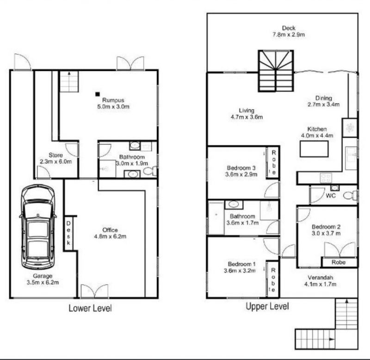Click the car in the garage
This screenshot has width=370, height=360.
pyautogui.click(x=38, y=227)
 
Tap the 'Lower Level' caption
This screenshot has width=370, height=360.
pyautogui.click(x=90, y=308)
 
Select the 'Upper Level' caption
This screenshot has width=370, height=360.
pyautogui.click(x=267, y=306)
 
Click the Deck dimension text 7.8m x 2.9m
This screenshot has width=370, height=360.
pyautogui.click(x=289, y=34)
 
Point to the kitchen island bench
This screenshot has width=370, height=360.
pyautogui.click(x=314, y=149)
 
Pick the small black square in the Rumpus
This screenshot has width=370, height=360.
pyautogui.click(x=98, y=94)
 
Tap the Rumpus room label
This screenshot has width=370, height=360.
pyautogui.click(x=113, y=100)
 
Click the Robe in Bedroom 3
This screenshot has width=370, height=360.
pyautogui.click(x=273, y=162)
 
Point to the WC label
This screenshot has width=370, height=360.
pyautogui.click(x=331, y=196)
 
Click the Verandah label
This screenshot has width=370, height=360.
pyautogui.click(x=319, y=278)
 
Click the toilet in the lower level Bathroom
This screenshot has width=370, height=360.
pyautogui.click(x=148, y=171)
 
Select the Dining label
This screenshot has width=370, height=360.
pyautogui.click(x=324, y=98)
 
